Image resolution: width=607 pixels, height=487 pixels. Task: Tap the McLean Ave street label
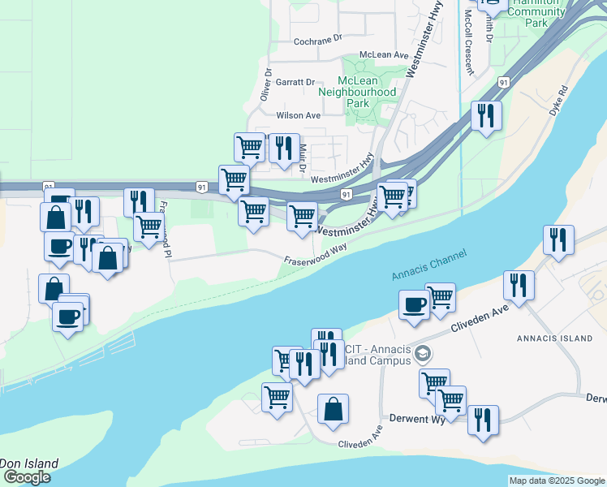383,54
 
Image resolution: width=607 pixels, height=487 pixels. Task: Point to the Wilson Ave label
299,115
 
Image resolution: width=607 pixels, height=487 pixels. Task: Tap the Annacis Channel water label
428,265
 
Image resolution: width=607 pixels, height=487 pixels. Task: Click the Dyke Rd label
557,97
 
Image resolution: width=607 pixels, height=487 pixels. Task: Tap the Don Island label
29,463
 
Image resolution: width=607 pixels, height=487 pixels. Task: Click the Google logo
26,477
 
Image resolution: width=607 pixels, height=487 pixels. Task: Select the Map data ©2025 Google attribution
557,481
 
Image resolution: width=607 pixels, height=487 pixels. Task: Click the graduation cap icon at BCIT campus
421,354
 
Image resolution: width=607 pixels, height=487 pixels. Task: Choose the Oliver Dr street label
265,85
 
